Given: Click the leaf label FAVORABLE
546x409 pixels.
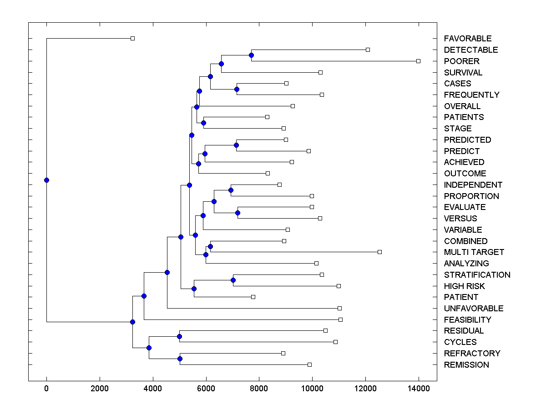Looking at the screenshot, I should [x=468, y=39].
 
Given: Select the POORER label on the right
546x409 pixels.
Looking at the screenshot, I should [x=461, y=61].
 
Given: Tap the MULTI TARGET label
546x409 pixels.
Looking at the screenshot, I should [x=474, y=252].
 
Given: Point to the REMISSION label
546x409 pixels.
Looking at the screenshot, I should [x=466, y=365].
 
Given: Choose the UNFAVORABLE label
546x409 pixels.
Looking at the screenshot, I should [x=474, y=309].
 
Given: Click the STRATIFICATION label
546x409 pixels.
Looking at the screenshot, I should [x=477, y=275].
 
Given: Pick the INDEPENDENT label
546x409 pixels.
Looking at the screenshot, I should [x=473, y=185].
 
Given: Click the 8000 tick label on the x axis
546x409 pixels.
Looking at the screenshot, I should [x=259, y=389].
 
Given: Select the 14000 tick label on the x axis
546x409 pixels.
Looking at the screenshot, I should [x=418, y=389].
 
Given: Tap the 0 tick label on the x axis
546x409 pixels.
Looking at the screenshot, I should [x=46, y=389].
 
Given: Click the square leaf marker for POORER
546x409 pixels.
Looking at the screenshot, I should [x=419, y=61].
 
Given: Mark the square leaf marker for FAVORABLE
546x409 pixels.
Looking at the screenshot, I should [x=132, y=38].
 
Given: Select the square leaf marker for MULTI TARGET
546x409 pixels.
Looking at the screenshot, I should [x=380, y=252].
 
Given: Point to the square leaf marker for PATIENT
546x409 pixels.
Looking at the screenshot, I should [x=253, y=297].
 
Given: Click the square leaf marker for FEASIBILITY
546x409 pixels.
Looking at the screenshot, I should [x=340, y=319].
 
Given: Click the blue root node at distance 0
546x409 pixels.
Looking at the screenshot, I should [x=46, y=180].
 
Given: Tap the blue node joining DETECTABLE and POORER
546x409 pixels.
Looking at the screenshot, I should [x=251, y=55].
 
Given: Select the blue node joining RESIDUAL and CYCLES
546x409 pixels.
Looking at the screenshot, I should [x=179, y=336].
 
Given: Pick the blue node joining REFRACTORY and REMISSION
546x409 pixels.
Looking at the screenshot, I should [x=180, y=359].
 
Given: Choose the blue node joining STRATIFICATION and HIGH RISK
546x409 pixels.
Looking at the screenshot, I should [x=233, y=280].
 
